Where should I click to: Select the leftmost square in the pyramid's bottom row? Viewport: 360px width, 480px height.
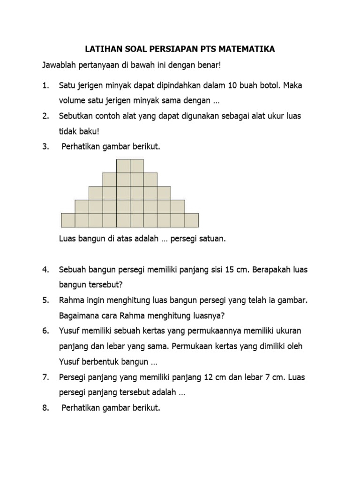(x=68, y=220)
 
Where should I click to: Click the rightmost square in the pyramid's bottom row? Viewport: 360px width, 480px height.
(x=191, y=220)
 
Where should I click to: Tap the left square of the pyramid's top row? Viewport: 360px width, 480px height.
(x=123, y=166)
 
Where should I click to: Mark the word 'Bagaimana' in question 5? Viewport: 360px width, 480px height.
(x=79, y=315)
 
